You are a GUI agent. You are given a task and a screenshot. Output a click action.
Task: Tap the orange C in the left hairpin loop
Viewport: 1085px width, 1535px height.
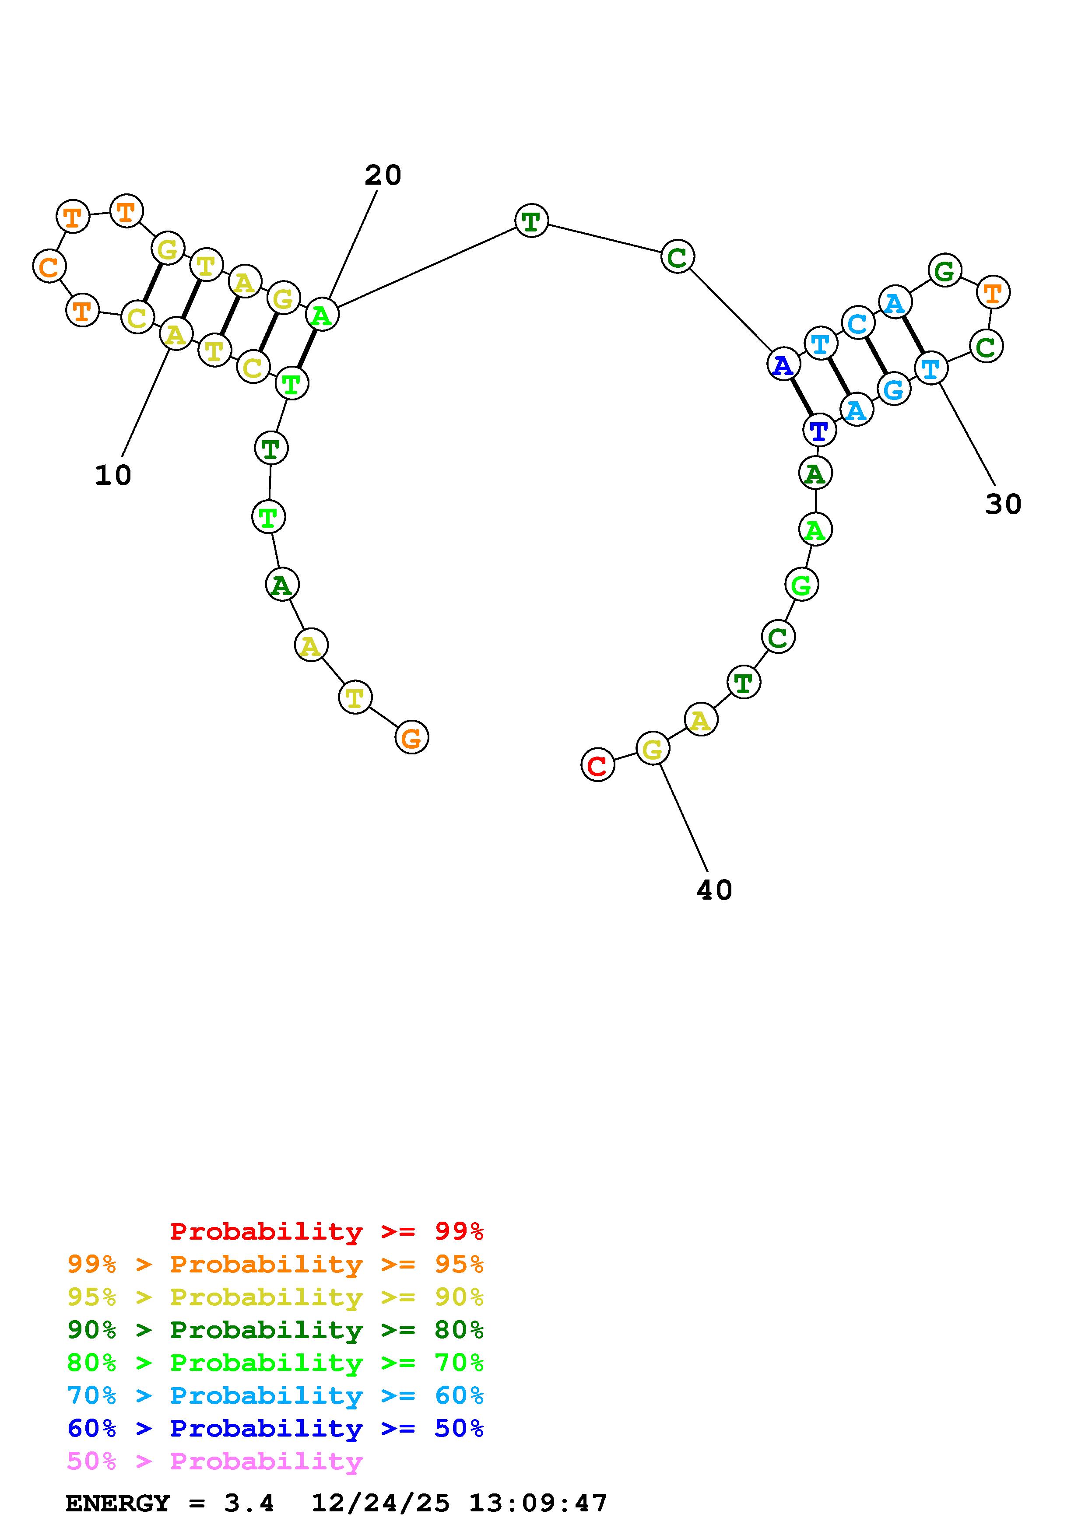tap(49, 266)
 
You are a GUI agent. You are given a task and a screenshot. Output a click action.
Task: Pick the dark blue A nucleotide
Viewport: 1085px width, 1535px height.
tap(783, 365)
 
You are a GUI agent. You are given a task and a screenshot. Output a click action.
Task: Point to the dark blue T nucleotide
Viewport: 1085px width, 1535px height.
tap(819, 429)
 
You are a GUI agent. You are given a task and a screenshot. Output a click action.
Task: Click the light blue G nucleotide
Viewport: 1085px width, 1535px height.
tap(894, 389)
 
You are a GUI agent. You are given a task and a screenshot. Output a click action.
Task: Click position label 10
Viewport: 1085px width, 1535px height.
tap(113, 475)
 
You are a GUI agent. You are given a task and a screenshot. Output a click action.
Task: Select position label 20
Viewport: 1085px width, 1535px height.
tap(383, 175)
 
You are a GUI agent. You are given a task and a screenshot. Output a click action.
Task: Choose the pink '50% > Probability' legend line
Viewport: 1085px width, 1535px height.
tap(214, 1461)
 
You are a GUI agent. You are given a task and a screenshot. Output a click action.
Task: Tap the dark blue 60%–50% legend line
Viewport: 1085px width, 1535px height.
tap(275, 1428)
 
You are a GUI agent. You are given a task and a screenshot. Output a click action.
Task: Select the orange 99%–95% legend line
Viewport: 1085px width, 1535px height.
tap(275, 1264)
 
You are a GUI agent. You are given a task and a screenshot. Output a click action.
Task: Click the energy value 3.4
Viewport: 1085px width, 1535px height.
tap(249, 1503)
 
